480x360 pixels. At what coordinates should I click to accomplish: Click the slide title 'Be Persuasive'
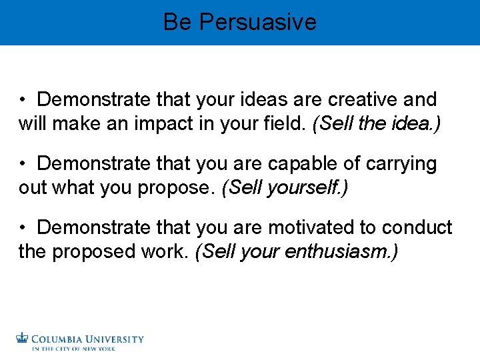[239, 22]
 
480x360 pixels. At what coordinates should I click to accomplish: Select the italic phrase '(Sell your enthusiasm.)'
[296, 252]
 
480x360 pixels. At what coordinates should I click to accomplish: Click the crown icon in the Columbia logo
[23, 339]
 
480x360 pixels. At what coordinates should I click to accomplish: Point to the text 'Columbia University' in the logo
[87, 339]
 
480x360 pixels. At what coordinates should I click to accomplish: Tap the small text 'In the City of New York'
[73, 348]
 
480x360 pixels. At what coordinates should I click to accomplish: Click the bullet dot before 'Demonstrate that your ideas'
[23, 101]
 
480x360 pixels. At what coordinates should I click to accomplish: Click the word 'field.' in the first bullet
[284, 124]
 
